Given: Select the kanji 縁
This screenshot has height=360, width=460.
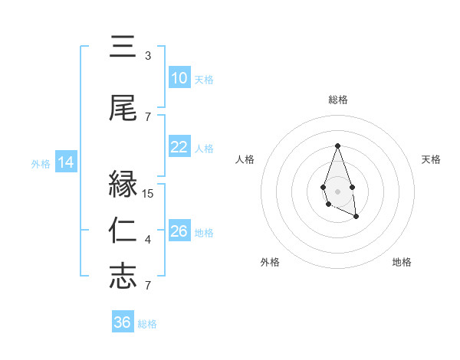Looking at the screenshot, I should pos(123,185).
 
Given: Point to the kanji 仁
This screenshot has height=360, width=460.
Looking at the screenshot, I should pos(123,231).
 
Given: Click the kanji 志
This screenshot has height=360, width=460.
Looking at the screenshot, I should pos(123,277).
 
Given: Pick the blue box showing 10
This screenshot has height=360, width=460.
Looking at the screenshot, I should pos(179,78).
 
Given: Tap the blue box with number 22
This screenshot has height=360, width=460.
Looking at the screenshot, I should pos(179,147).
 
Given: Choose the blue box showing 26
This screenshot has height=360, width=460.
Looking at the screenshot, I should pos(179,231).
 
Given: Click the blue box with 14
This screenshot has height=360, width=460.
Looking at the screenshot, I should pos(65,162).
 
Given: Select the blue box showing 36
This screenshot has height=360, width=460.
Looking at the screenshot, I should pos(123,322).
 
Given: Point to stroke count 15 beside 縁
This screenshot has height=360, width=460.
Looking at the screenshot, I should pos(149,194).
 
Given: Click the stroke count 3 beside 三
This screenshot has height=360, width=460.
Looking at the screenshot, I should pos(147,56).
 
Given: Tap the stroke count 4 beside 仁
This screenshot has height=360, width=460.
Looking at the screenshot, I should pos(147,240).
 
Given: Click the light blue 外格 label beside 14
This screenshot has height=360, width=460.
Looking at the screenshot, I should pos(40,163).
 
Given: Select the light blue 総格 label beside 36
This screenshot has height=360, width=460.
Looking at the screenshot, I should pos(147,323).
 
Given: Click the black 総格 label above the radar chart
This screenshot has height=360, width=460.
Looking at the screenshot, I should pos(337,100).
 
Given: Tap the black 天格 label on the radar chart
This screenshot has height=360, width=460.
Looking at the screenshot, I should pos(431,159).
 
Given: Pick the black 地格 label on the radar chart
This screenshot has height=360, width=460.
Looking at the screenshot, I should pos(402,262).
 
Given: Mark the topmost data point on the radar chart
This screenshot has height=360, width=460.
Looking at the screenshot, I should pos(337,146).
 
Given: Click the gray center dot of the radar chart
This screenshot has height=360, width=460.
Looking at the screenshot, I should pos(337,190).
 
